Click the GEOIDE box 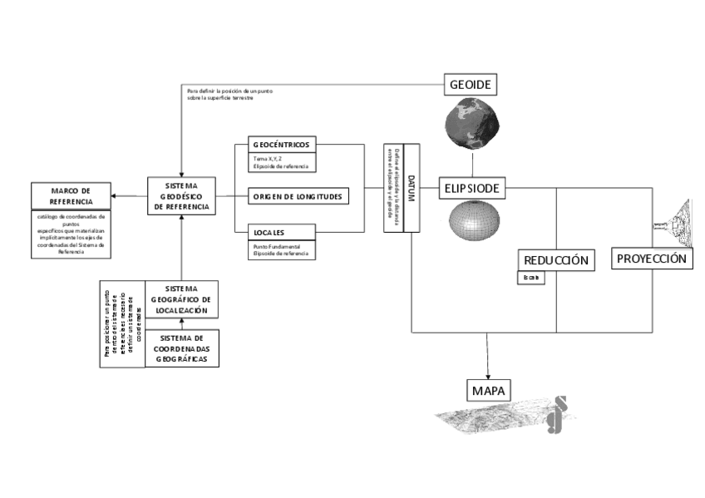coord(471,86)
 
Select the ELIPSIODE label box coord(471,189)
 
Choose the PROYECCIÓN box coord(652,259)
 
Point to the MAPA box coord(488,391)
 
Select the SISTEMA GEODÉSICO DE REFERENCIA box coord(181,195)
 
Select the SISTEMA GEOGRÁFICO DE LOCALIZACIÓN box coord(181,300)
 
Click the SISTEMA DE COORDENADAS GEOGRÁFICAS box coord(181,349)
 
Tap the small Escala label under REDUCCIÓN coord(531,278)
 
